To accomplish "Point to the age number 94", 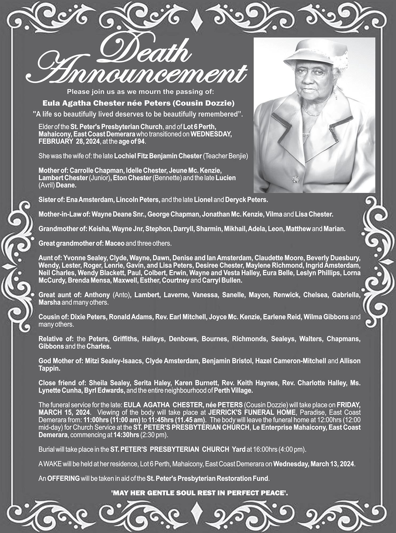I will (141, 142).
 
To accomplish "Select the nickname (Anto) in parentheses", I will (121, 295).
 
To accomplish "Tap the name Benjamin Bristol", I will (227, 361).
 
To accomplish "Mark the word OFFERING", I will (63, 478).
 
